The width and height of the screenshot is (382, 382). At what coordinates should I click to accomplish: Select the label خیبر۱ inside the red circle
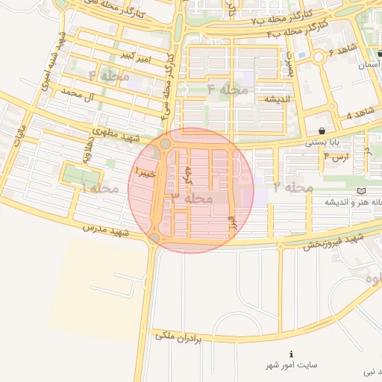coord(144,173)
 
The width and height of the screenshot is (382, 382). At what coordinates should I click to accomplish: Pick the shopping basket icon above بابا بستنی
coord(321,131)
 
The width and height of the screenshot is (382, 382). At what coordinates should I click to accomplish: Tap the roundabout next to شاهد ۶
coord(319,56)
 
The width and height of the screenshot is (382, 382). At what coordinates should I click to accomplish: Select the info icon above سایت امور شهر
coord(291,353)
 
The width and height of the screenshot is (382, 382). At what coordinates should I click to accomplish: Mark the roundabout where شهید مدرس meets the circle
coord(154,238)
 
